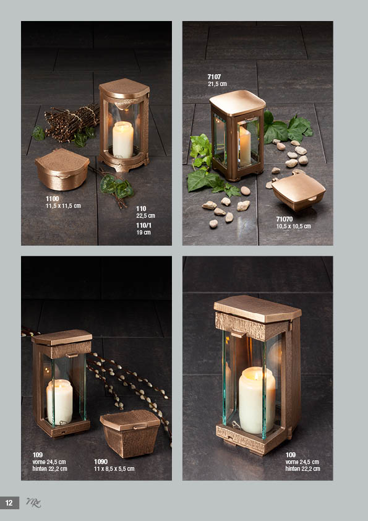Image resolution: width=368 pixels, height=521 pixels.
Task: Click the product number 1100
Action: click(x=52, y=199)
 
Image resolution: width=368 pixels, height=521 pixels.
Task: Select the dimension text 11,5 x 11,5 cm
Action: click(x=63, y=205)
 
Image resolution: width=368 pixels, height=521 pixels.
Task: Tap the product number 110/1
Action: click(x=144, y=225)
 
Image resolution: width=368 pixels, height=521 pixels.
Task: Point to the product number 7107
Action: click(x=214, y=77)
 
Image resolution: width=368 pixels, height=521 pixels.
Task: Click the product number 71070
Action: click(x=285, y=219)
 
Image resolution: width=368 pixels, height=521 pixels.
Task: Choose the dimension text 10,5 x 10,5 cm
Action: click(x=294, y=226)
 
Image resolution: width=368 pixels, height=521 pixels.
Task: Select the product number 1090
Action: click(x=101, y=462)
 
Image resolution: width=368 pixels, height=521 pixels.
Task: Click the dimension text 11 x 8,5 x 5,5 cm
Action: click(x=114, y=469)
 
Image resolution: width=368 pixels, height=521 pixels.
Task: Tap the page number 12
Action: click(x=9, y=503)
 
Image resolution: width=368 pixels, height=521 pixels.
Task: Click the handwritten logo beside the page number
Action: click(x=33, y=502)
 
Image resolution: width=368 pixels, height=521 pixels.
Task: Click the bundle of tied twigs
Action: click(x=71, y=123)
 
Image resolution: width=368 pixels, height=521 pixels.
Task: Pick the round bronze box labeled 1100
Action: click(x=62, y=169)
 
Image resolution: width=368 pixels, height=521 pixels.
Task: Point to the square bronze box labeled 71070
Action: click(x=297, y=190)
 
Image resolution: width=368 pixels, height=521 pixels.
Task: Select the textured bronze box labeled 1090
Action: click(x=129, y=433)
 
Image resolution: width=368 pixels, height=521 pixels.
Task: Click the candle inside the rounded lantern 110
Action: click(x=123, y=139)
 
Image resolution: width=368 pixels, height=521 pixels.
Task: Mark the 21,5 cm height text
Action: click(x=217, y=84)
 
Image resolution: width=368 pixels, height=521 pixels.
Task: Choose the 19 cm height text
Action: click(x=143, y=232)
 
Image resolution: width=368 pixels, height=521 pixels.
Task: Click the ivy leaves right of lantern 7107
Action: click(x=288, y=128)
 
